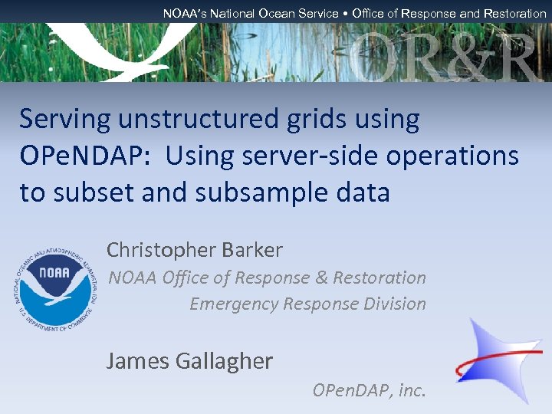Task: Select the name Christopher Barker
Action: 194,250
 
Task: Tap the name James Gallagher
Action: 189,360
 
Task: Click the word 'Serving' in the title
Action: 64,120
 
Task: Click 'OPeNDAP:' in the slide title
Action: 86,156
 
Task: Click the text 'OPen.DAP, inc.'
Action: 368,391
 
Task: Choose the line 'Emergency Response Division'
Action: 307,304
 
